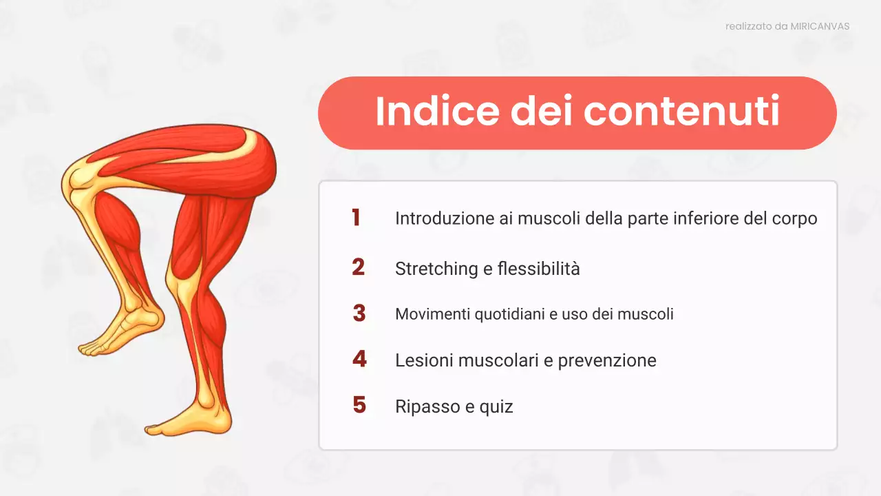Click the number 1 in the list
(356, 218)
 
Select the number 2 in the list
(358, 267)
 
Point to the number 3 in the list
(359, 313)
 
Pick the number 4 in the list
(359, 360)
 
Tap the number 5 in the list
(359, 405)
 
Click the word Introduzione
(444, 218)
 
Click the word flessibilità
(538, 269)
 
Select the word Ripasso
(427, 407)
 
